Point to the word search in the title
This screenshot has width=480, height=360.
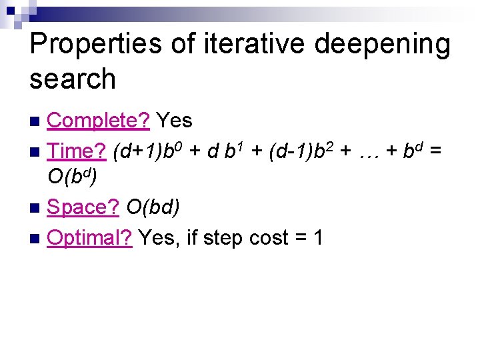click(73, 79)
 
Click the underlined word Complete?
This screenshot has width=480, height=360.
click(100, 121)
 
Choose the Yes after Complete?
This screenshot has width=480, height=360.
click(175, 121)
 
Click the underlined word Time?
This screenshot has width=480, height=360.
click(77, 151)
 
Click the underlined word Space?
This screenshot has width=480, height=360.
click(83, 208)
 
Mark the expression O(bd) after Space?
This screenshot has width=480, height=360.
click(153, 208)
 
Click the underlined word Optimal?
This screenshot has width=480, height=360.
click(90, 237)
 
